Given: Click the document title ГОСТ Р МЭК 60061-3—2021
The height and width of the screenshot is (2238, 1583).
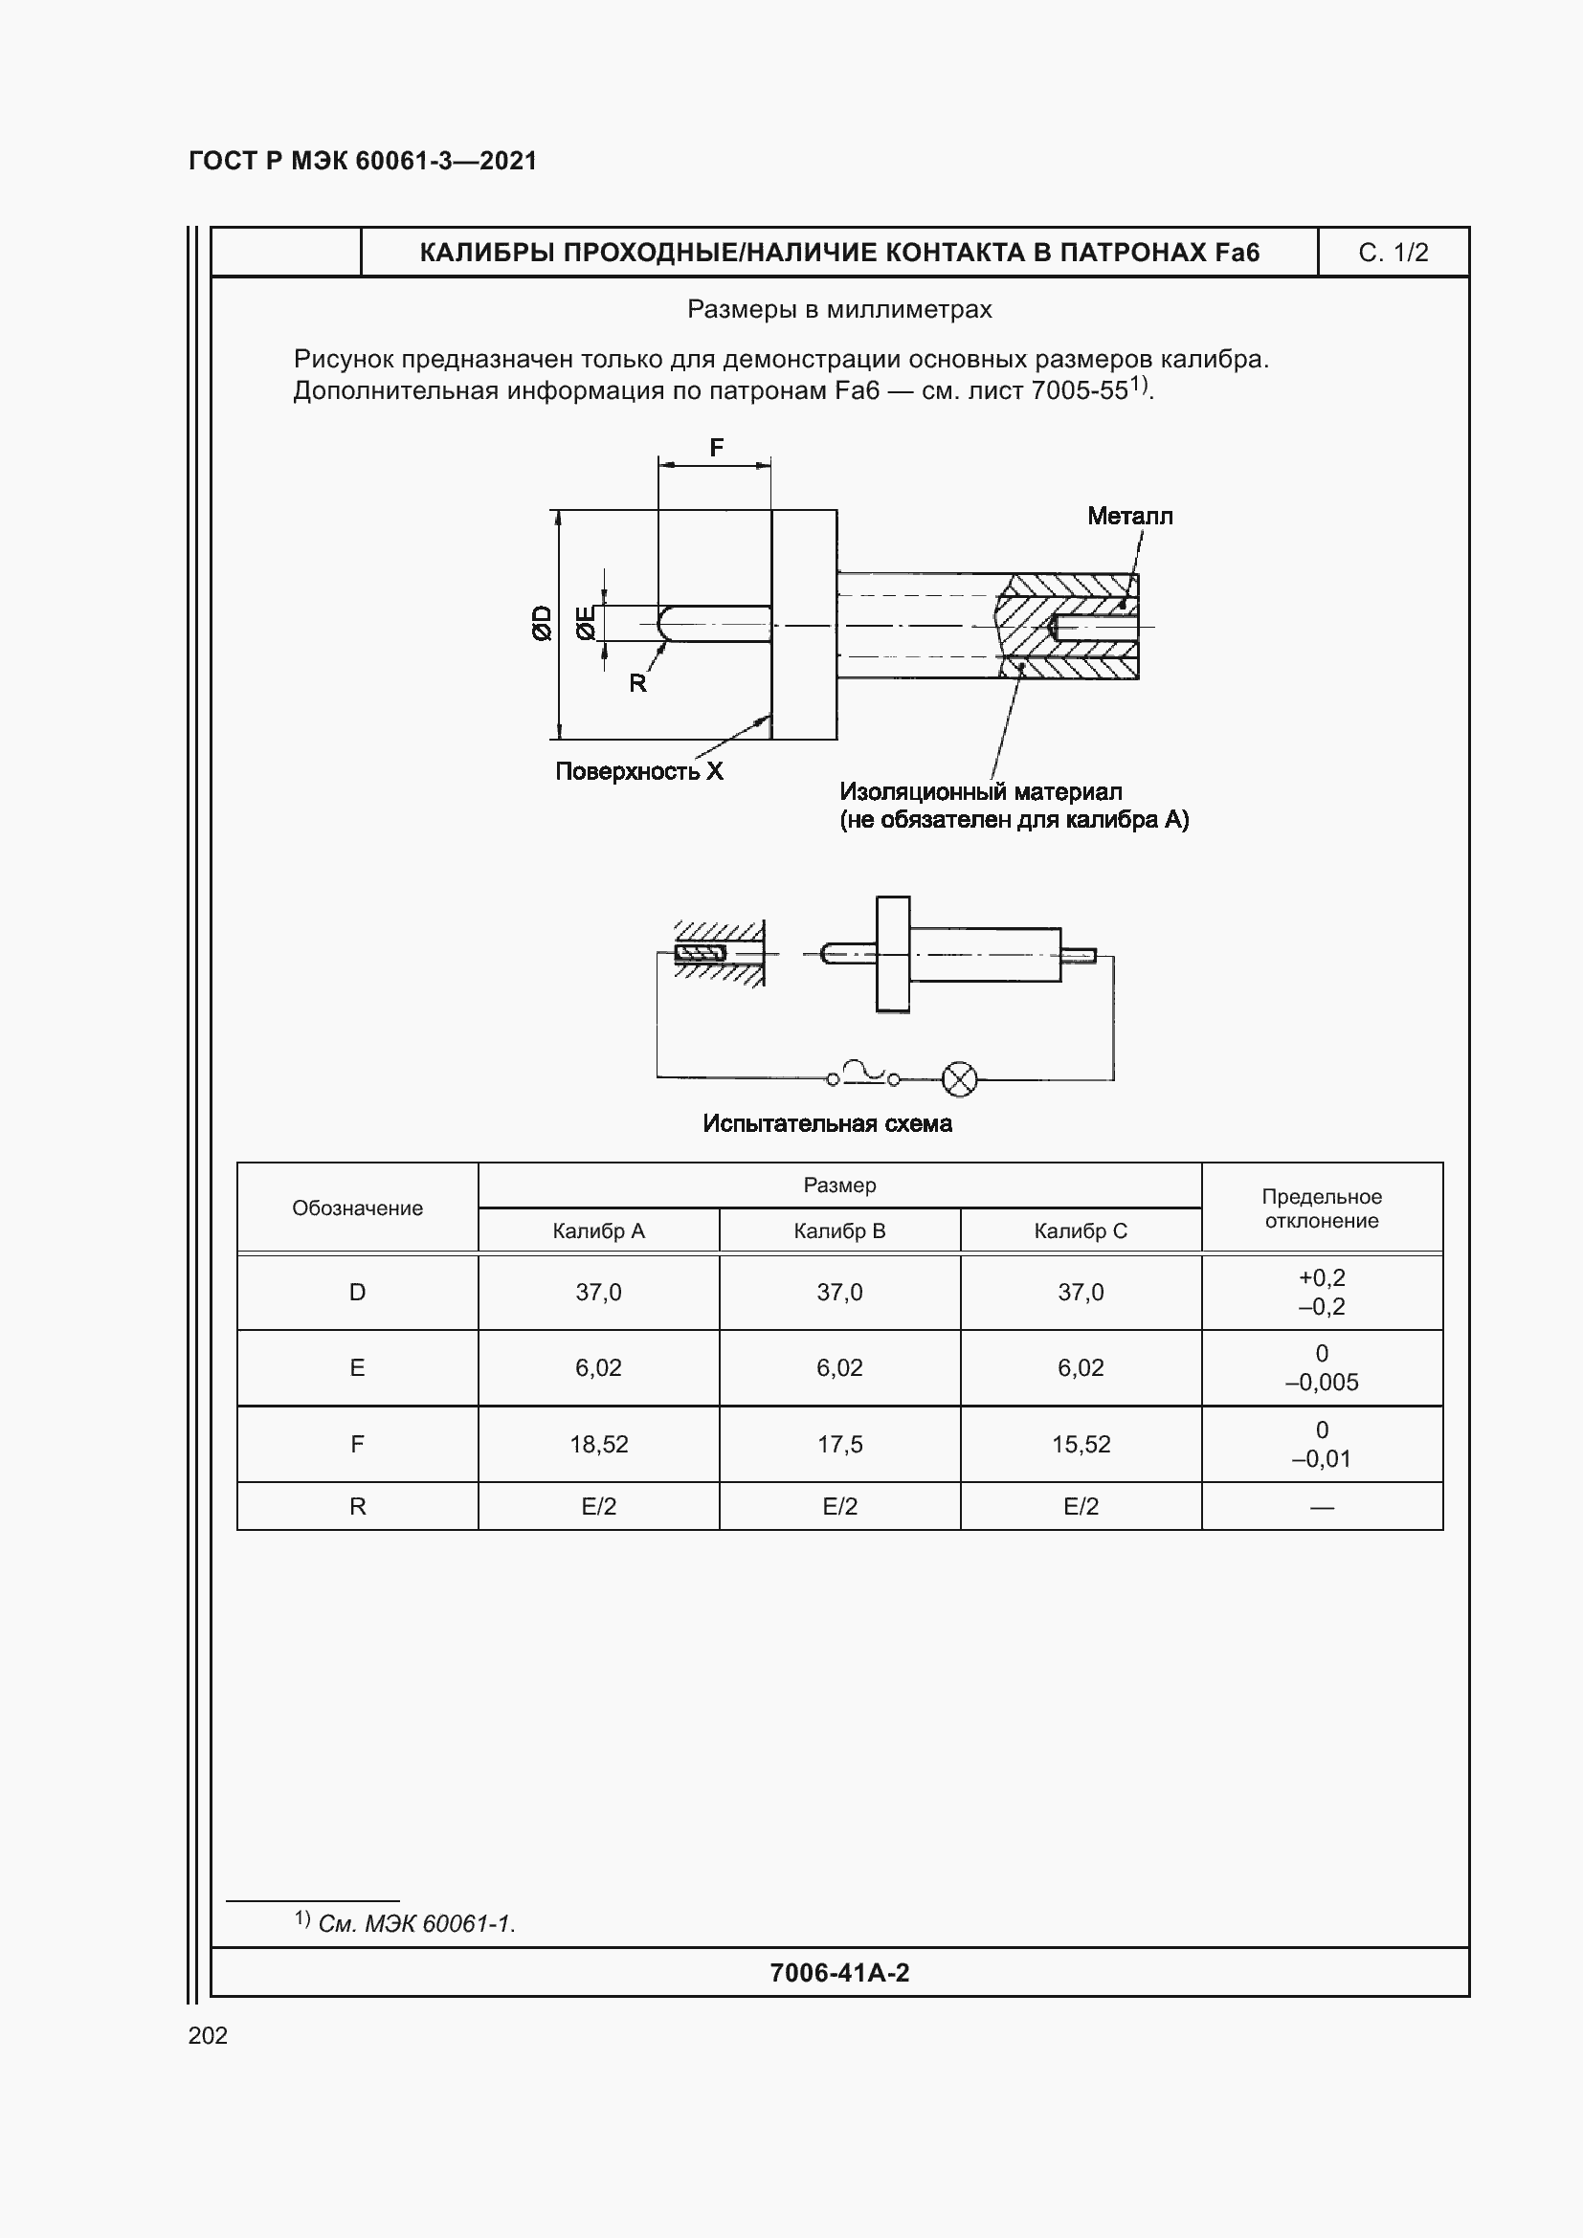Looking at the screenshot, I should [363, 161].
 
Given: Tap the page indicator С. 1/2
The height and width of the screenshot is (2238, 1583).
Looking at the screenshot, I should [1393, 253].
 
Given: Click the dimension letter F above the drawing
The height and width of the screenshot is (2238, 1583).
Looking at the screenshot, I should [717, 448].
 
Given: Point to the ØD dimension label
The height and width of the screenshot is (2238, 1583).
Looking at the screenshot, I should [542, 623].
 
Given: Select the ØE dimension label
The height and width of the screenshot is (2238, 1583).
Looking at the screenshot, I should [585, 623].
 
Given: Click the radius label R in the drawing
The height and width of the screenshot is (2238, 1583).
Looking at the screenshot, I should [637, 683].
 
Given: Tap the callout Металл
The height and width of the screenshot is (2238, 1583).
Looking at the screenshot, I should [1129, 516].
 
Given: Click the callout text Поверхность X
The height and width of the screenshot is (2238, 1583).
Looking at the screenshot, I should [638, 771].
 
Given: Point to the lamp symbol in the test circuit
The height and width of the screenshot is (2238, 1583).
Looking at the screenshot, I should [959, 1079].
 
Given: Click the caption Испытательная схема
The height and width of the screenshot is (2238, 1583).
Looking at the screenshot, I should [827, 1124].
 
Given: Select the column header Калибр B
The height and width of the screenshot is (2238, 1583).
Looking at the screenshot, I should [839, 1231].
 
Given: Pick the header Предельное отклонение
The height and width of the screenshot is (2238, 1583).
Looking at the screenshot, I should [1321, 1208].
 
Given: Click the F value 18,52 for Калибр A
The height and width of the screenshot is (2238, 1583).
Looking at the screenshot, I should [598, 1445].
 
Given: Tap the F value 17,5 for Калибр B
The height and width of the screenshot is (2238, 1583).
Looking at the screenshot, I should [839, 1445].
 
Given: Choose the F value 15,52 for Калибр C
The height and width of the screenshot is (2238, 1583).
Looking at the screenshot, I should [1080, 1445].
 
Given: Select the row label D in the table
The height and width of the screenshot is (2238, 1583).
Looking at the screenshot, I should [357, 1293].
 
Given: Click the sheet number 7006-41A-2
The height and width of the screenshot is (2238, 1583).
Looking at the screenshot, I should [839, 1973].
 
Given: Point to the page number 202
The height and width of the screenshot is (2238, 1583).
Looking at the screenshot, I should [208, 2035].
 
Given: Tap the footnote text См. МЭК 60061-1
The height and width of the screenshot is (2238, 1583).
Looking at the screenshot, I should [416, 1923].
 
